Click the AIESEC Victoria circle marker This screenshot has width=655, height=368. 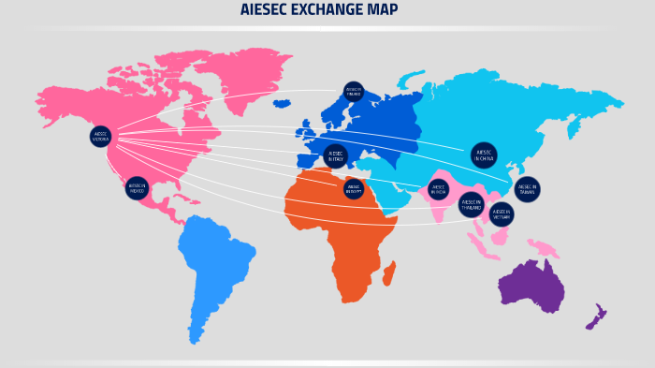click(x=101, y=137)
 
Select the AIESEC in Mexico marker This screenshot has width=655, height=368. click(x=137, y=187)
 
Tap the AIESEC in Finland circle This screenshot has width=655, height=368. click(x=353, y=91)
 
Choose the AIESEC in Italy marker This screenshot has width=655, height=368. click(x=335, y=156)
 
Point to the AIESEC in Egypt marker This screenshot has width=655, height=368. click(x=353, y=189)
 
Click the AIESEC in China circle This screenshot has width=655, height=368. click(x=484, y=155)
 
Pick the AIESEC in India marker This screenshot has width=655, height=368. click(x=438, y=189)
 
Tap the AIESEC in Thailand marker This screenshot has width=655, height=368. click(x=471, y=203)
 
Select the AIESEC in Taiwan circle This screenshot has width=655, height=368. click(x=528, y=189)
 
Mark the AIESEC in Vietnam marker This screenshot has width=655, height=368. click(x=502, y=214)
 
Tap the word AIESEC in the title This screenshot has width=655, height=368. click(x=265, y=10)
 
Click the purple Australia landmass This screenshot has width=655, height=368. click(x=531, y=286)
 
